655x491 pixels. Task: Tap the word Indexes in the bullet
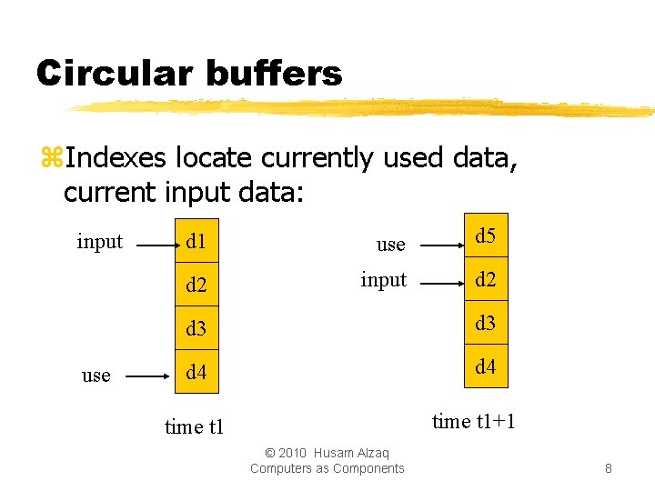click(116, 158)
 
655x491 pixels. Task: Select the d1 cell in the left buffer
click(196, 241)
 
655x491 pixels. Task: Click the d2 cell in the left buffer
click(196, 285)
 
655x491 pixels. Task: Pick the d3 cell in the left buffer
click(196, 328)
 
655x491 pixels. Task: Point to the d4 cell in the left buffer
click(196, 372)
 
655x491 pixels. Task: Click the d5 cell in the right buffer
click(486, 236)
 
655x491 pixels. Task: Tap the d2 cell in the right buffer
click(486, 279)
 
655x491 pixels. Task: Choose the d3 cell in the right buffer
click(486, 323)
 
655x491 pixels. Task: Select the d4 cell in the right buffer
click(486, 366)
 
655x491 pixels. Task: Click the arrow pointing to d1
click(151, 243)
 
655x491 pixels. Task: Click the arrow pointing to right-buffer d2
click(440, 283)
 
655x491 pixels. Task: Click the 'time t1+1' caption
click(474, 420)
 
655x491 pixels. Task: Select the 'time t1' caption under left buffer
click(194, 426)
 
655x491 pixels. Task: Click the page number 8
click(608, 469)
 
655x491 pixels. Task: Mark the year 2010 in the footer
click(292, 453)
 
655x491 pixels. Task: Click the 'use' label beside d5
click(390, 244)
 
